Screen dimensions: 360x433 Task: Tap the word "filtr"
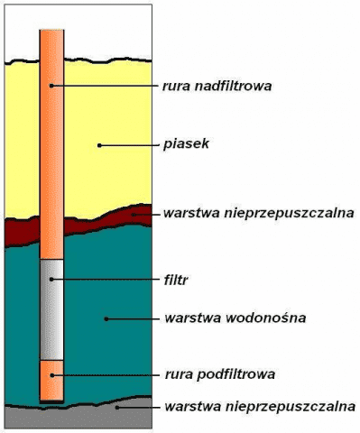(177, 280)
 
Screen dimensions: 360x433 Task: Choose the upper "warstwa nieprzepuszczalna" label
(258, 215)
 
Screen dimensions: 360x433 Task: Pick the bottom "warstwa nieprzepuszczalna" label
(260, 407)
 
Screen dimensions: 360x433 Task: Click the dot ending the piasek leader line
(100, 143)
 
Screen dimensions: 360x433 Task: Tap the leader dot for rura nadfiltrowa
(51, 86)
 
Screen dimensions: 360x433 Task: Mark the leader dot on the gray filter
(52, 280)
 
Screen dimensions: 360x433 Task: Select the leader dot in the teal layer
(106, 318)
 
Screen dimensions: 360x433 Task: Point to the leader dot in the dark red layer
(134, 215)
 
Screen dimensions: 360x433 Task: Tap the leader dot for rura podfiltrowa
(51, 373)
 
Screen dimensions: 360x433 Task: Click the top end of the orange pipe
(51, 33)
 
